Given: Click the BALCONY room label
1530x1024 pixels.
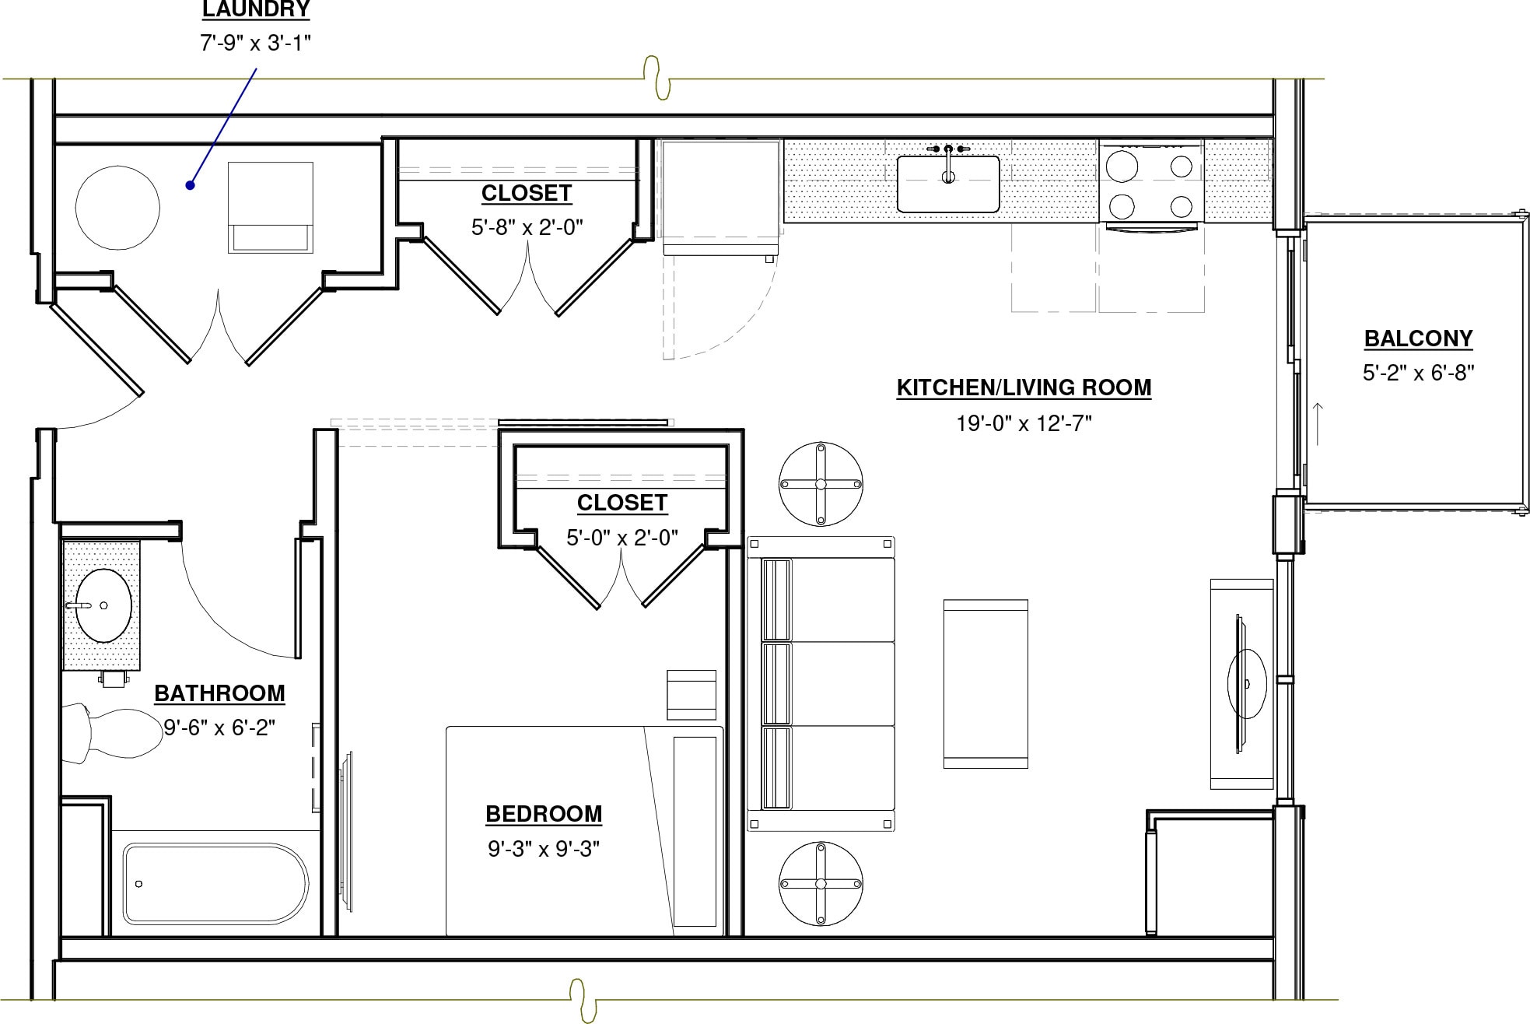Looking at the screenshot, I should pyautogui.click(x=1418, y=338).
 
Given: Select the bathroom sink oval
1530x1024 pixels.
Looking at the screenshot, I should pyautogui.click(x=103, y=605).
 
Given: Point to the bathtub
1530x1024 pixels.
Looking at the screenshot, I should pyautogui.click(x=215, y=883).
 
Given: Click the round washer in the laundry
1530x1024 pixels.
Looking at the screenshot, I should pyautogui.click(x=117, y=208).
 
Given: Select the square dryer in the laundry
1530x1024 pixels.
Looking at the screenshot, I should pyautogui.click(x=271, y=207).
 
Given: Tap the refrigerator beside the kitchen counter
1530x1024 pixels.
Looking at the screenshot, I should pyautogui.click(x=719, y=196).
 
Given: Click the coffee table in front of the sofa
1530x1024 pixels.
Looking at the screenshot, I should pyautogui.click(x=986, y=683).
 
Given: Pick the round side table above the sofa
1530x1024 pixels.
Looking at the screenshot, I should pyautogui.click(x=821, y=484).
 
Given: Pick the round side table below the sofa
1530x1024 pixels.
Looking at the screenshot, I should pyautogui.click(x=821, y=883).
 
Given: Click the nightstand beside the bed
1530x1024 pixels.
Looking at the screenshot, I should pyautogui.click(x=691, y=695).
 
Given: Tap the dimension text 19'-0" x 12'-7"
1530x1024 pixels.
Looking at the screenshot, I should pyautogui.click(x=1024, y=423).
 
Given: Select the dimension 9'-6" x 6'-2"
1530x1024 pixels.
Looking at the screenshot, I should pyautogui.click(x=219, y=728).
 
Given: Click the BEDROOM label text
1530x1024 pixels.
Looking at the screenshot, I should pyautogui.click(x=544, y=814).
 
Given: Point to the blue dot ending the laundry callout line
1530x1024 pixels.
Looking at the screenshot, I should pyautogui.click(x=189, y=185).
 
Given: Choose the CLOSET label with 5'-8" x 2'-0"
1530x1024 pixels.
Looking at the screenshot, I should pyautogui.click(x=527, y=193).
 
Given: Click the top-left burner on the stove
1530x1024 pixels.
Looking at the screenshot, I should pyautogui.click(x=1122, y=166).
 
